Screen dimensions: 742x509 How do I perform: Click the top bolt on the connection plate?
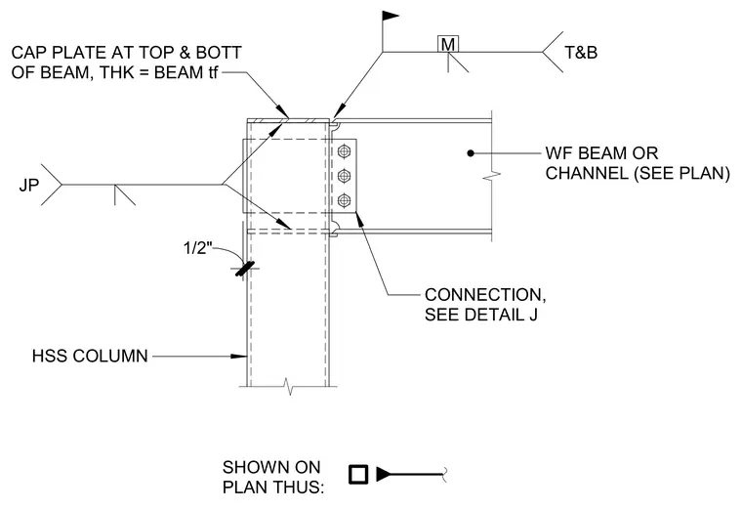click(x=344, y=152)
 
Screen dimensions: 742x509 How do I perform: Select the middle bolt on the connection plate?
click(x=344, y=176)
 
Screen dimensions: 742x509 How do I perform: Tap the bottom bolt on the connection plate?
click(x=344, y=200)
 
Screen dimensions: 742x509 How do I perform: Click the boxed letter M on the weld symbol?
click(x=448, y=44)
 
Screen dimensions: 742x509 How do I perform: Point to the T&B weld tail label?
click(x=581, y=52)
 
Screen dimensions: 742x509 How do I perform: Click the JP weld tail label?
click(x=29, y=185)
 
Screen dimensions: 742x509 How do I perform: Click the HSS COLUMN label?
click(x=90, y=356)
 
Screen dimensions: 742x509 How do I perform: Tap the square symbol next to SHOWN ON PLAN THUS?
click(x=358, y=475)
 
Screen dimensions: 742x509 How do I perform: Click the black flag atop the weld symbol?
click(x=391, y=17)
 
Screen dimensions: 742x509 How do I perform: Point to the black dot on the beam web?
click(x=471, y=153)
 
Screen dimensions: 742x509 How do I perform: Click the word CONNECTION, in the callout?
click(x=485, y=294)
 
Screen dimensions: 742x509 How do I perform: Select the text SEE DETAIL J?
click(x=480, y=315)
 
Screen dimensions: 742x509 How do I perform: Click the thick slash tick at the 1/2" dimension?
click(x=245, y=269)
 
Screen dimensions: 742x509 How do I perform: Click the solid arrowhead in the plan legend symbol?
click(x=384, y=475)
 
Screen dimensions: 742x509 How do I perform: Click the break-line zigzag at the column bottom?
click(x=289, y=386)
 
